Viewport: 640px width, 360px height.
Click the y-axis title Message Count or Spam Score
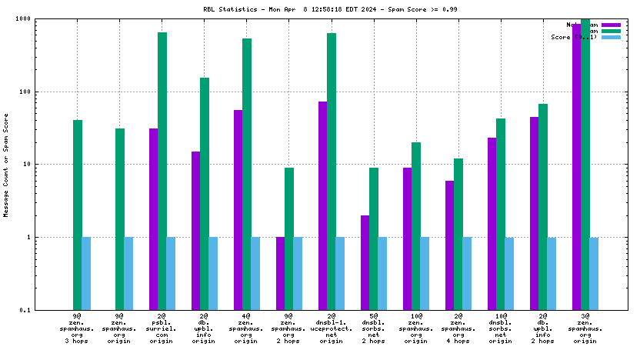[7, 165]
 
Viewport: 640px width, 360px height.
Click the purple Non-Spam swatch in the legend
[611, 25]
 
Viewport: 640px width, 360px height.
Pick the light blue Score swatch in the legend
[611, 37]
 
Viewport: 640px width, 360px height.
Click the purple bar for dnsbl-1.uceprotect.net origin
[322, 205]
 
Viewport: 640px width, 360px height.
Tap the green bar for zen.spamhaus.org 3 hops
[78, 215]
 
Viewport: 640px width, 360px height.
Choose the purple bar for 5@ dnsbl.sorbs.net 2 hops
[365, 262]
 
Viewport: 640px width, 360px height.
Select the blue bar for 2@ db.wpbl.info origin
[213, 273]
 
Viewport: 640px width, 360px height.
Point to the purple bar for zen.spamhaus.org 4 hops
[449, 245]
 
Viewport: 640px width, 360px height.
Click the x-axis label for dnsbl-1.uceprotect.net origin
[331, 328]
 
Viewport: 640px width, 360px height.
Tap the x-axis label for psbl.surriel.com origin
[162, 328]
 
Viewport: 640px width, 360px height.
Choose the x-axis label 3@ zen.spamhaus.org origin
[585, 328]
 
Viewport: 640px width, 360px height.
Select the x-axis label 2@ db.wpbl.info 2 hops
[542, 328]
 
